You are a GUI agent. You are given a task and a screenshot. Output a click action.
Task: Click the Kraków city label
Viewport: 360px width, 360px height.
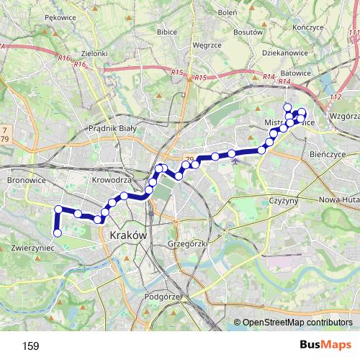[x=128, y=235]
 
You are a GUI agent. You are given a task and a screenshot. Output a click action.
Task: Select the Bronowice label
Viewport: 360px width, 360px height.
[x=26, y=179]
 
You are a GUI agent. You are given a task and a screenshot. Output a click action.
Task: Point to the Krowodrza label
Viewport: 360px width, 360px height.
[x=112, y=179]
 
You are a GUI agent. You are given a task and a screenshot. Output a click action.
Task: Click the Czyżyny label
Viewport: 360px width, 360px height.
[x=282, y=200]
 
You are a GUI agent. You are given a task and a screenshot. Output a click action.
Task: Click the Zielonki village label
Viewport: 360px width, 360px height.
[x=94, y=53]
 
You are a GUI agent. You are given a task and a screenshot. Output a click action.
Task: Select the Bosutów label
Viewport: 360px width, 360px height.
[x=248, y=32]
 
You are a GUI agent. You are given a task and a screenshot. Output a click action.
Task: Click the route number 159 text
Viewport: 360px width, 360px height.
[x=31, y=346]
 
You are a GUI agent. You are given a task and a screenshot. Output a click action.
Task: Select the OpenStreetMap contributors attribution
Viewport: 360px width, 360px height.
[x=297, y=323]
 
